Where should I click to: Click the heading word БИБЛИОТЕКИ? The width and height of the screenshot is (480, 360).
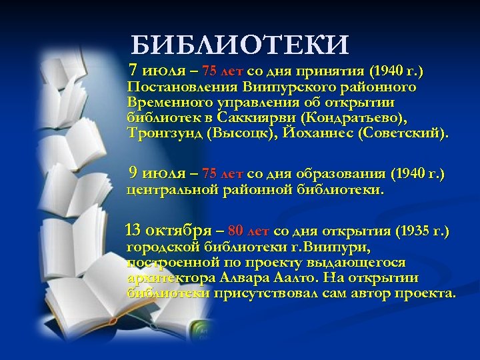[x=240, y=45]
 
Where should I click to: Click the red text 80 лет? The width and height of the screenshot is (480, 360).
[x=248, y=232]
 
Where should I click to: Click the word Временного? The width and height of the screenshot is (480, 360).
[x=169, y=103]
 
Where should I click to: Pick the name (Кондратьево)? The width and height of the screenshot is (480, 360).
[x=353, y=118]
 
